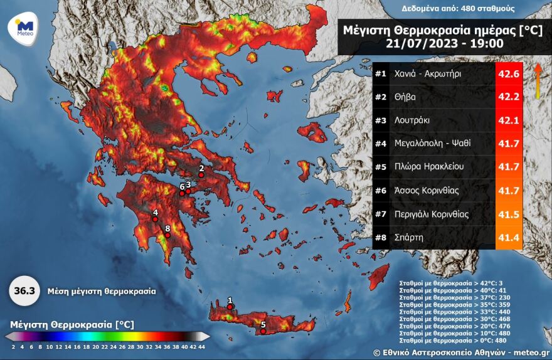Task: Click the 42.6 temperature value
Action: (509, 74)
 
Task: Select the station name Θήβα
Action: (405, 97)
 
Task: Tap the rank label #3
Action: (381, 120)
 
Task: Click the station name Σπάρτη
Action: (409, 237)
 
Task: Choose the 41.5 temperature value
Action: (509, 214)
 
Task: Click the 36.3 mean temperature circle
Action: (24, 292)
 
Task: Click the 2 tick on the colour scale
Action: (13, 346)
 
